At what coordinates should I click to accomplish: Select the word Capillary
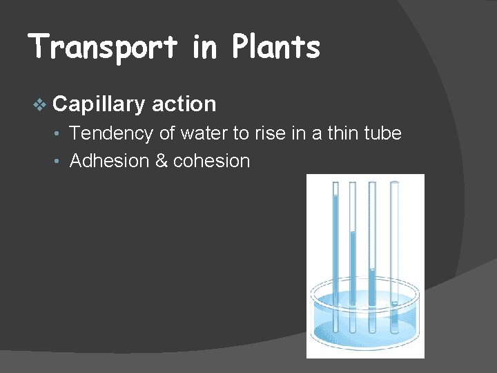click(99, 104)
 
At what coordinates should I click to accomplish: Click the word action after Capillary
click(184, 104)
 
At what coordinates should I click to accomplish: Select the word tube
click(382, 133)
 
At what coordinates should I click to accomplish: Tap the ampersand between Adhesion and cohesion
click(162, 162)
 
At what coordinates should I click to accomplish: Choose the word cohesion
click(211, 162)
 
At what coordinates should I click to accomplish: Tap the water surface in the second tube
click(353, 232)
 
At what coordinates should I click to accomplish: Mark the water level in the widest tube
click(394, 302)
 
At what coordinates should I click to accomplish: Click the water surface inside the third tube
click(373, 269)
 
